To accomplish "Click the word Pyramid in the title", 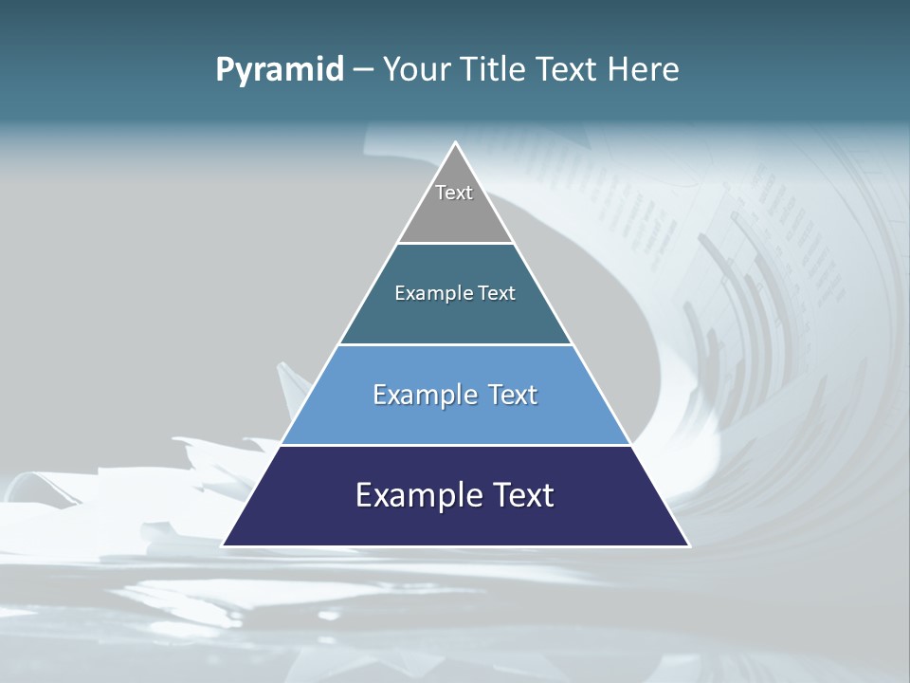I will [x=280, y=69].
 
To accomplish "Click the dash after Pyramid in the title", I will [x=363, y=70].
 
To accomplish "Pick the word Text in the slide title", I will [x=567, y=69].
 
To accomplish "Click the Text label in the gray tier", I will [x=454, y=193].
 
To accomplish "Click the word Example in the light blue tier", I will [x=426, y=395].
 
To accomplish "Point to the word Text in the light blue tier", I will [x=514, y=395].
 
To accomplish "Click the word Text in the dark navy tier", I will [x=522, y=495].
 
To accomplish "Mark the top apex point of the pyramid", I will [x=455, y=143].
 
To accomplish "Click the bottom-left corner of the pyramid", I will [x=224, y=545].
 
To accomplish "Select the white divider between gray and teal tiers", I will [x=455, y=243].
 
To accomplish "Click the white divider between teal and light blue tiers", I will [x=455, y=344].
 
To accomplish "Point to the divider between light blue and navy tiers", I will [x=455, y=445].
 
